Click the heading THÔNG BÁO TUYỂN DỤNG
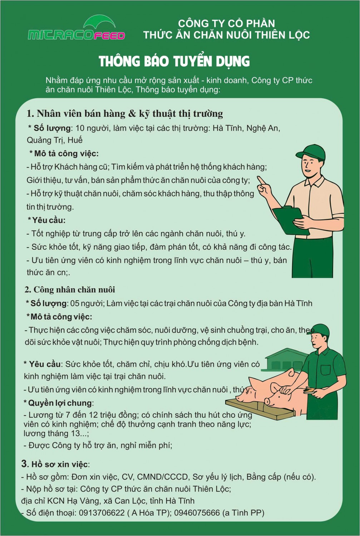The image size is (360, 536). point(174,61)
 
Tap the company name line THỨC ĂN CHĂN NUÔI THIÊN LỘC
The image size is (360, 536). point(226,35)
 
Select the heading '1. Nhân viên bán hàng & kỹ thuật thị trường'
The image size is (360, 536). point(125,114)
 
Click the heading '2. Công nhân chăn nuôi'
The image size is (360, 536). point(70,289)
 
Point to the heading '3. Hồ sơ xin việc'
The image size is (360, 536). point(55,464)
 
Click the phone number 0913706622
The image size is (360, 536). point(102,513)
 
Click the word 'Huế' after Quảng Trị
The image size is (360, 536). point(75,140)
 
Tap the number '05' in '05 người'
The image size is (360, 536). point(75,303)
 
